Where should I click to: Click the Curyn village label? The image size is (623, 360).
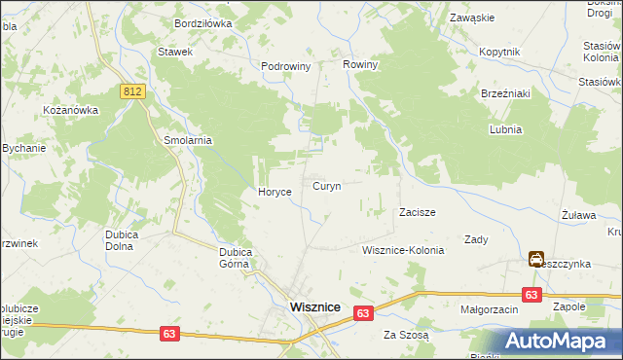(326, 186)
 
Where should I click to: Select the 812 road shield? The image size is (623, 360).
(133, 90)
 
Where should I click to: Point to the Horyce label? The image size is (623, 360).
(275, 193)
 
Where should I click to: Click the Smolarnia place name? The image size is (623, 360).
(188, 140)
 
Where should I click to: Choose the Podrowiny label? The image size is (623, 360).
(285, 67)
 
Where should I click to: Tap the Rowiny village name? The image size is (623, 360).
(360, 65)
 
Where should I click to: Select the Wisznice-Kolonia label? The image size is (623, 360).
(403, 250)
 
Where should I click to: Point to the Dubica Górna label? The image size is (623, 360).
(236, 258)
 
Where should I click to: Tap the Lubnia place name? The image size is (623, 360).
(506, 129)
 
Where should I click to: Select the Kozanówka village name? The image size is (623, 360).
(71, 110)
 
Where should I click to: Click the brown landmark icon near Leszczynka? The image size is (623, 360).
(536, 259)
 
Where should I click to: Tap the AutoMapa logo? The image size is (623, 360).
(561, 342)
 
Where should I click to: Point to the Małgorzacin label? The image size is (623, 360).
(490, 309)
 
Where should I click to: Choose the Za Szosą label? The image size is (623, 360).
(406, 336)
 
